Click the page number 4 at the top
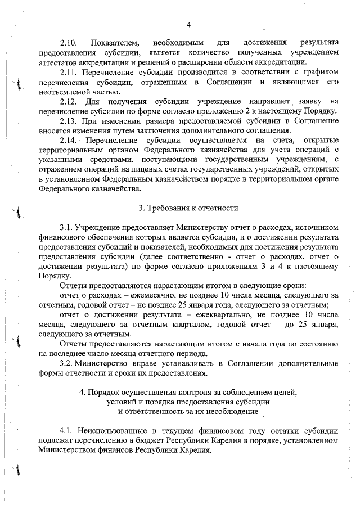click(188, 24)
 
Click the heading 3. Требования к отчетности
click(188, 208)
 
